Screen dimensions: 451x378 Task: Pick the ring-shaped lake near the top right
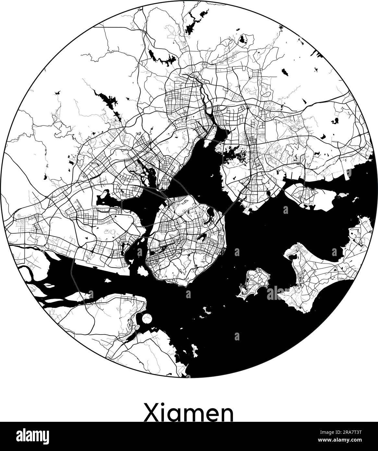coord(242,40)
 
